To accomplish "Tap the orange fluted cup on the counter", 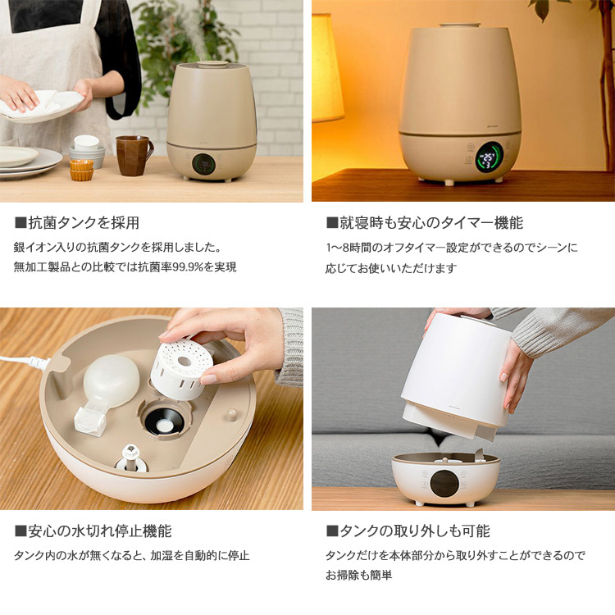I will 81,170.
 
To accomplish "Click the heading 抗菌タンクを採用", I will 83,222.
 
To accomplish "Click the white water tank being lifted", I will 459,369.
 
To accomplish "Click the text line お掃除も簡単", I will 359,576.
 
